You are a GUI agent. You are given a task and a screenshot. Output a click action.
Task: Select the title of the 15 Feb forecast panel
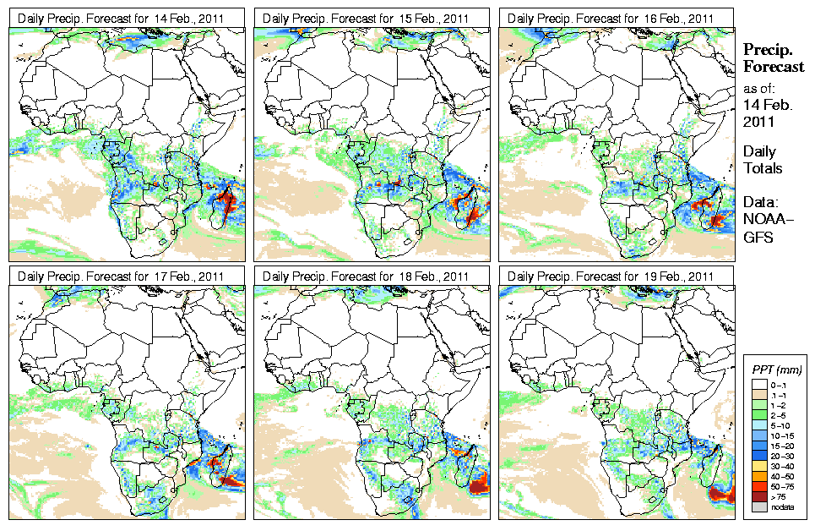click(x=366, y=19)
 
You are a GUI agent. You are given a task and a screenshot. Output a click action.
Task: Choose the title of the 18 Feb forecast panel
click(x=366, y=276)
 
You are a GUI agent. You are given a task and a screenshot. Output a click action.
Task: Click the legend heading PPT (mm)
click(x=776, y=370)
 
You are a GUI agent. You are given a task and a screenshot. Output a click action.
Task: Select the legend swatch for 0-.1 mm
click(x=758, y=386)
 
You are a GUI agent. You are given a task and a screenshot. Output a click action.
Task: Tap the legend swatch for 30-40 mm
click(x=758, y=466)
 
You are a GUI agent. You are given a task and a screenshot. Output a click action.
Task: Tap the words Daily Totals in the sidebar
click(x=762, y=160)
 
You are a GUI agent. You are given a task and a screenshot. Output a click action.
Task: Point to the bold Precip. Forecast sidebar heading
click(x=772, y=57)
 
